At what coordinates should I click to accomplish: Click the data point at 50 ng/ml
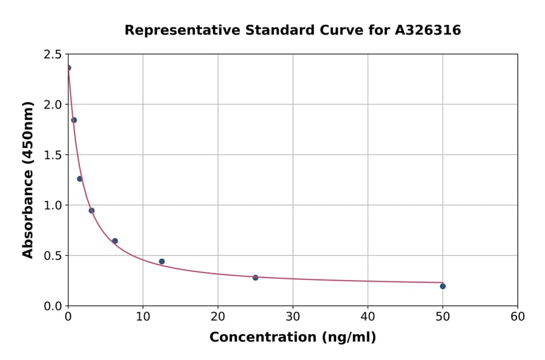[443, 286]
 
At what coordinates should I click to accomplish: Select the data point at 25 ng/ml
[256, 278]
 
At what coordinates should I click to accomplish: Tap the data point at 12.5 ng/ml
[162, 261]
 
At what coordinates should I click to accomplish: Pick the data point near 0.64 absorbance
[115, 241]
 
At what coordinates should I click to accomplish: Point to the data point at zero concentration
[68, 68]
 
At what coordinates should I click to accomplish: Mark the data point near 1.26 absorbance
[80, 179]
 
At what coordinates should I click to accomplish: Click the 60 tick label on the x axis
[518, 316]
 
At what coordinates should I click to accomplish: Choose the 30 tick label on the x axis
[293, 316]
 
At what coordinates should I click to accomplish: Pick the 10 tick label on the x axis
[143, 316]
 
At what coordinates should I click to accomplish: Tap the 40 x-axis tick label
[368, 316]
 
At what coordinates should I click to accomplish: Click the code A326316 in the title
[428, 30]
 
